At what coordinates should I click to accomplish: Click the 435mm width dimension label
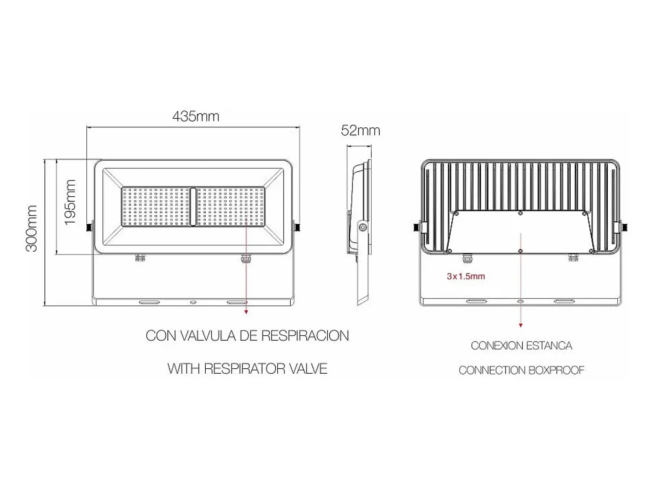[196, 116]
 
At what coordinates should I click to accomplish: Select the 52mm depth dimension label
[360, 131]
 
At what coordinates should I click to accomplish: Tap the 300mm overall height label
[32, 228]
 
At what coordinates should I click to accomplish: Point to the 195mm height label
[71, 202]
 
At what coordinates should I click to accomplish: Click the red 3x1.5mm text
[466, 276]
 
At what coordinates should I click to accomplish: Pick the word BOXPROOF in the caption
[556, 370]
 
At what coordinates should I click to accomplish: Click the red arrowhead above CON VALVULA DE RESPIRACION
[246, 312]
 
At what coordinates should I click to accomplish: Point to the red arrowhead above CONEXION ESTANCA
[521, 325]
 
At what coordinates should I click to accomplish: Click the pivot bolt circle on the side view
[362, 228]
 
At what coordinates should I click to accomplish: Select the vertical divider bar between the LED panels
[193, 207]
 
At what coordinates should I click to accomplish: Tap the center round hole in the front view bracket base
[193, 302]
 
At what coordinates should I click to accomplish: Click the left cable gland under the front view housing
[140, 257]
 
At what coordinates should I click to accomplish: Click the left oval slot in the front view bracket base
[149, 302]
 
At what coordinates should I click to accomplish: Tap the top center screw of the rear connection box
[520, 213]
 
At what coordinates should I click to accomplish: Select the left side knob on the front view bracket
[89, 228]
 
